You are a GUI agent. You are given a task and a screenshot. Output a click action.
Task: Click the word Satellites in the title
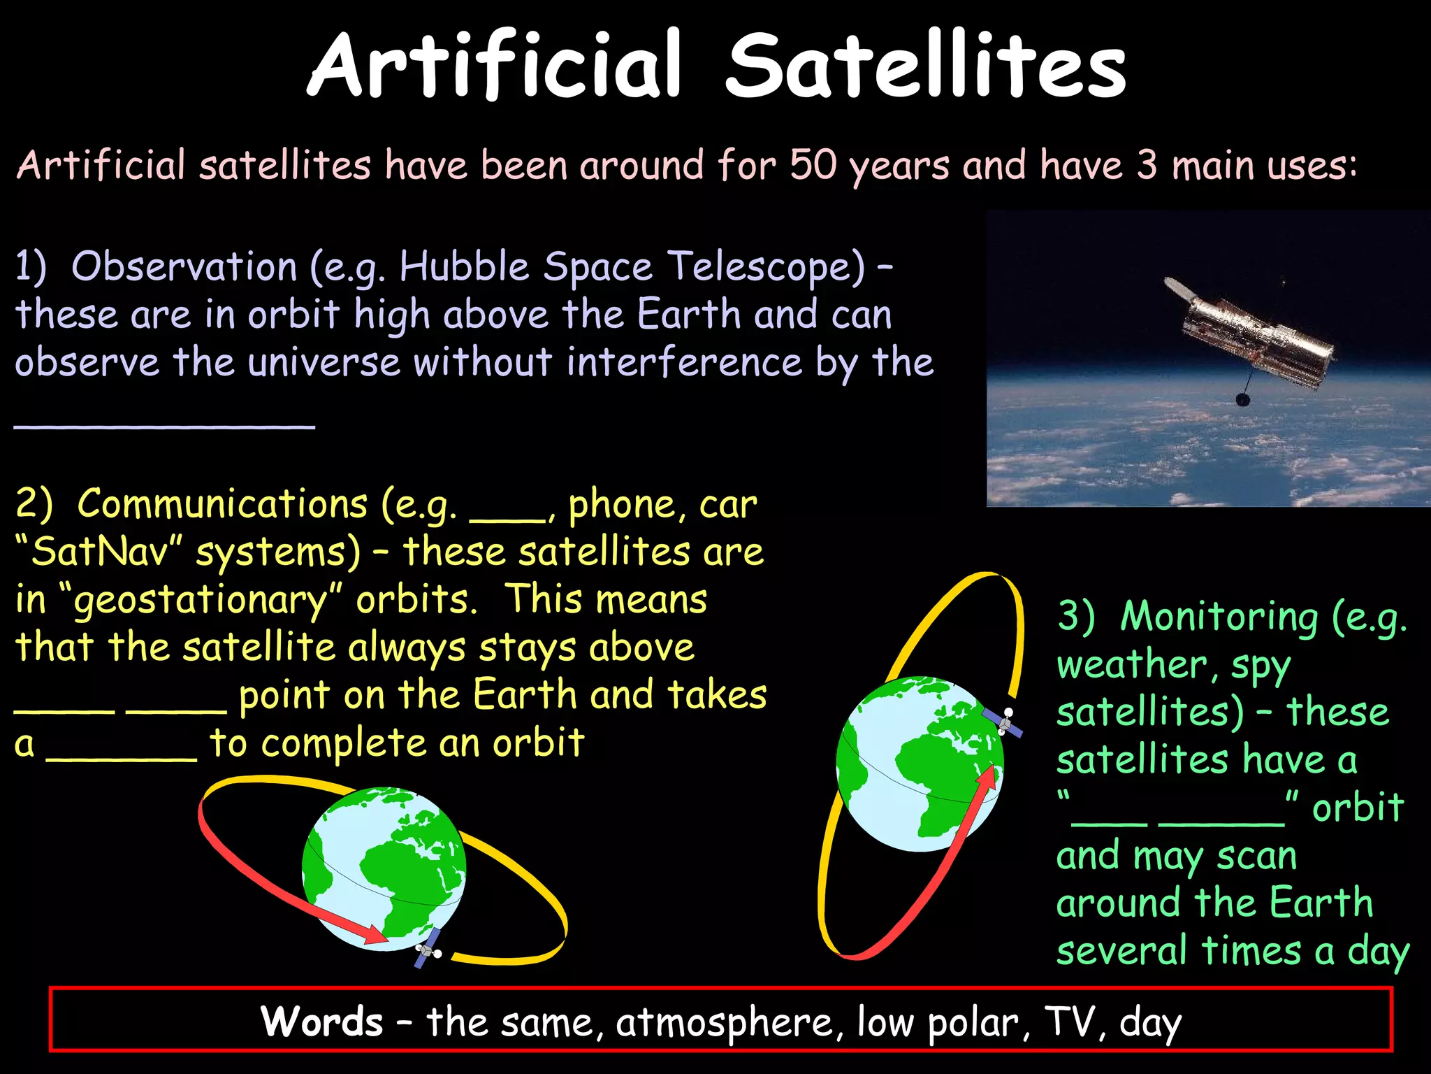(926, 66)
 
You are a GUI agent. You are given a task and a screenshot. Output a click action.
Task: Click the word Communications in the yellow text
(222, 504)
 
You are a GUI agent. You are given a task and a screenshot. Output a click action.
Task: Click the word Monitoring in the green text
(1219, 617)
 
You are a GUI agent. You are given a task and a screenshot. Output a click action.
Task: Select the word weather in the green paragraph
(1132, 664)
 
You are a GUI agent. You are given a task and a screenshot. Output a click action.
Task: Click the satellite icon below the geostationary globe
(428, 949)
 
